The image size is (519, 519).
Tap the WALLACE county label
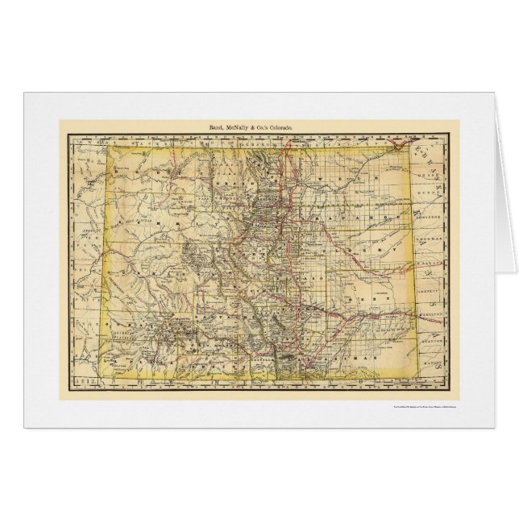[x=435, y=261]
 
